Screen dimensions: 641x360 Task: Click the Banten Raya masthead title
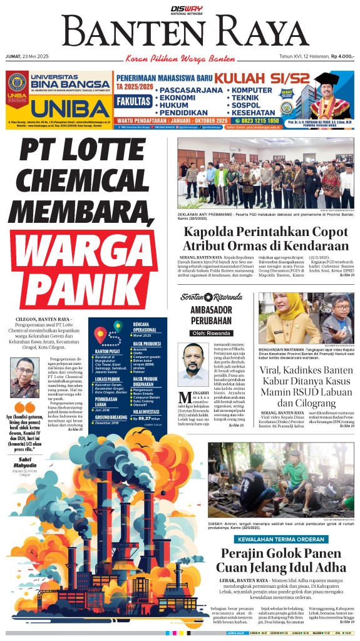[x=180, y=32]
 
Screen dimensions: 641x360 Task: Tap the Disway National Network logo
[x=180, y=8]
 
